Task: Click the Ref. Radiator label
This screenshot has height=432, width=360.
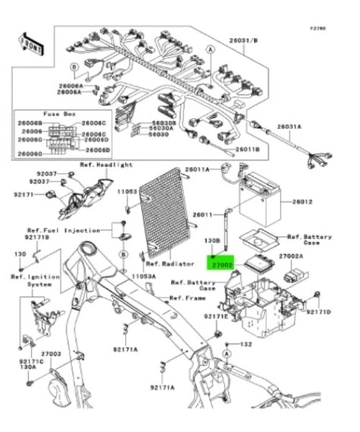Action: tap(175, 264)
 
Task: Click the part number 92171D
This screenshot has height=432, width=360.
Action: tap(318, 312)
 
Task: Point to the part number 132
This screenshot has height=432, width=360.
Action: tap(246, 345)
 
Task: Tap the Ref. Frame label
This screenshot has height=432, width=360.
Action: tap(186, 297)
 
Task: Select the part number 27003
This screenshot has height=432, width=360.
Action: tap(50, 354)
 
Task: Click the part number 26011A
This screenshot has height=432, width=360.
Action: tap(197, 169)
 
